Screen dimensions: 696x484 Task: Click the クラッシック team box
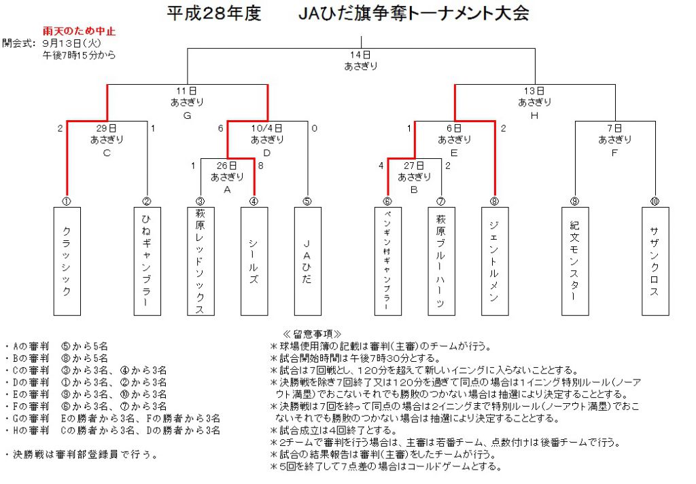point(67,261)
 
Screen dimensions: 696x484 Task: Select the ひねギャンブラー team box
point(147,261)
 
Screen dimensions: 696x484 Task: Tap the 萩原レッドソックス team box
point(201,261)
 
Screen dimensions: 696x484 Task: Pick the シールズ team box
point(254,261)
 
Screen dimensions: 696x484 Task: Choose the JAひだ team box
point(308,261)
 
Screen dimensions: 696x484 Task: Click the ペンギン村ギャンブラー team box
point(388,261)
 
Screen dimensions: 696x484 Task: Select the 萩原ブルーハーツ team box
point(442,261)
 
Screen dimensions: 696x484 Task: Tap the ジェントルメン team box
point(495,261)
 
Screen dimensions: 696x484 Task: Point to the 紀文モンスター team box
point(575,261)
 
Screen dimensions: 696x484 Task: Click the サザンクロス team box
point(655,261)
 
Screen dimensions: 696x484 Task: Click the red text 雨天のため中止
point(79,31)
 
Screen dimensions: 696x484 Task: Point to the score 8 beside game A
point(260,166)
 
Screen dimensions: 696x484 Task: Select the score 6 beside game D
point(221,128)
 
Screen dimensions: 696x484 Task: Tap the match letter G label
point(188,115)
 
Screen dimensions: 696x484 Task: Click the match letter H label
point(534,115)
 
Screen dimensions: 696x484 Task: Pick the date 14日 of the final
point(360,55)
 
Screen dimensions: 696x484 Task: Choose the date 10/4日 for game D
point(266,128)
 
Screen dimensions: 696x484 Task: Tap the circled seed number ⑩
point(655,202)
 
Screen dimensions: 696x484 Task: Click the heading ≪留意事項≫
point(312,334)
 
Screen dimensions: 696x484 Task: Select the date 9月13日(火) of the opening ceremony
point(72,43)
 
